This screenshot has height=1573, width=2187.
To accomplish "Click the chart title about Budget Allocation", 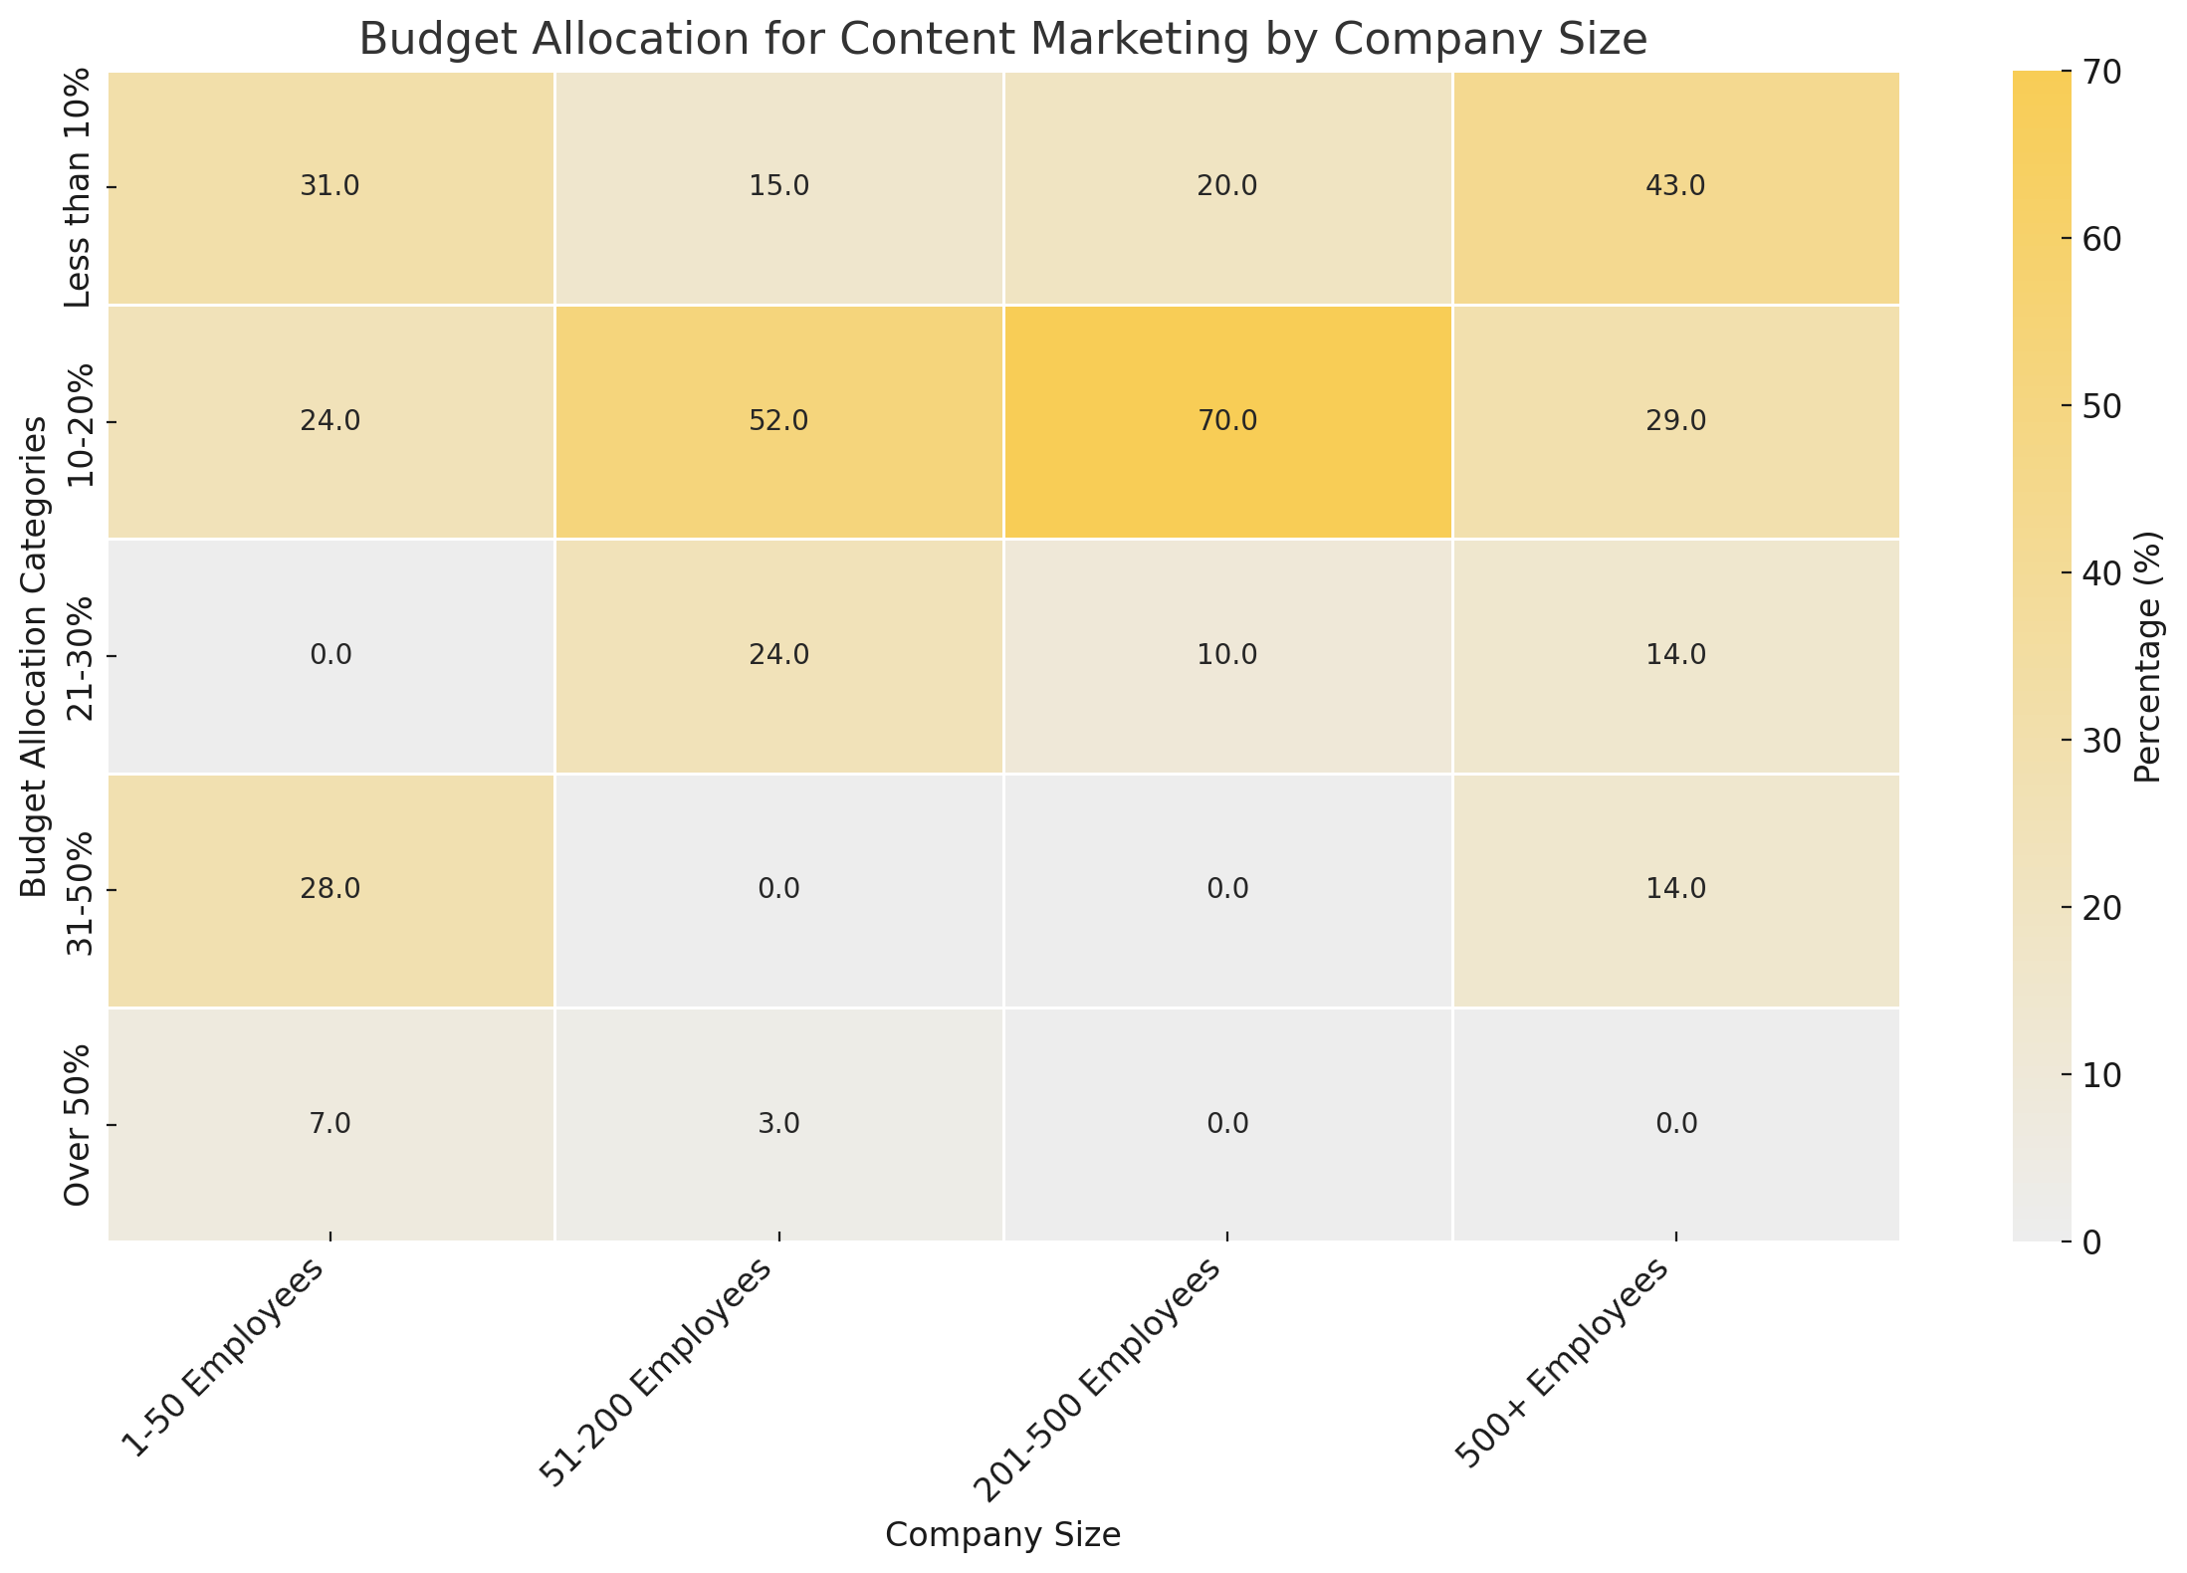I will pos(1002,40).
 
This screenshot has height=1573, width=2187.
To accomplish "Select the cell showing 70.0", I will pos(1227,421).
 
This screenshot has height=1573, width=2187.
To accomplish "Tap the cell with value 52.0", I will pos(778,421).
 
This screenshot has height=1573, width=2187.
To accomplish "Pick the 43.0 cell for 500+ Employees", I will pos(1676,187).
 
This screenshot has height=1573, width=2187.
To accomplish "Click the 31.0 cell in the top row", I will pos(329,187).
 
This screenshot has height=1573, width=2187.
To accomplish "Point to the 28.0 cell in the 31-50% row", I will pos(329,889).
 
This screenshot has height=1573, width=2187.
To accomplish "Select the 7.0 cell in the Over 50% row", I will pos(329,1124).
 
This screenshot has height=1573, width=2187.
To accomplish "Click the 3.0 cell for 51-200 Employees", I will pos(778,1124).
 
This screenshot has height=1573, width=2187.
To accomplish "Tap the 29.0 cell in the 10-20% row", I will pos(1676,421).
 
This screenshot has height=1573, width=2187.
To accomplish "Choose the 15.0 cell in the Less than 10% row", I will pos(778,187).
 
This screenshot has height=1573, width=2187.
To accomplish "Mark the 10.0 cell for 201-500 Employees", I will pos(1227,655).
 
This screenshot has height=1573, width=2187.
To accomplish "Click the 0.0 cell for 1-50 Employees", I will pos(329,655).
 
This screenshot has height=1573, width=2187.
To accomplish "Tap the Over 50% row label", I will pos(78,1124).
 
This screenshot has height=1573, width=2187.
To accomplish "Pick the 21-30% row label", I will pos(78,655).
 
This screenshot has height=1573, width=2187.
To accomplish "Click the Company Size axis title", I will pos(1002,1535).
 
